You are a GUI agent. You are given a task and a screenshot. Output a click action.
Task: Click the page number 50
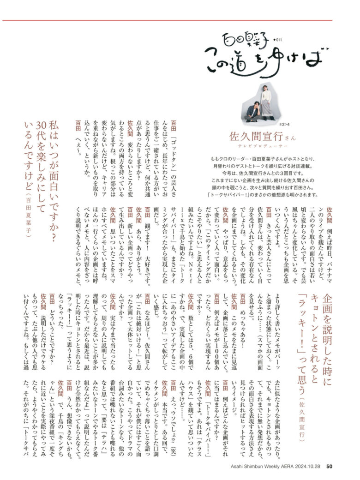pos(329,466)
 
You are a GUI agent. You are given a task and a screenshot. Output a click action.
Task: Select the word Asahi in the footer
pos(239,466)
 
